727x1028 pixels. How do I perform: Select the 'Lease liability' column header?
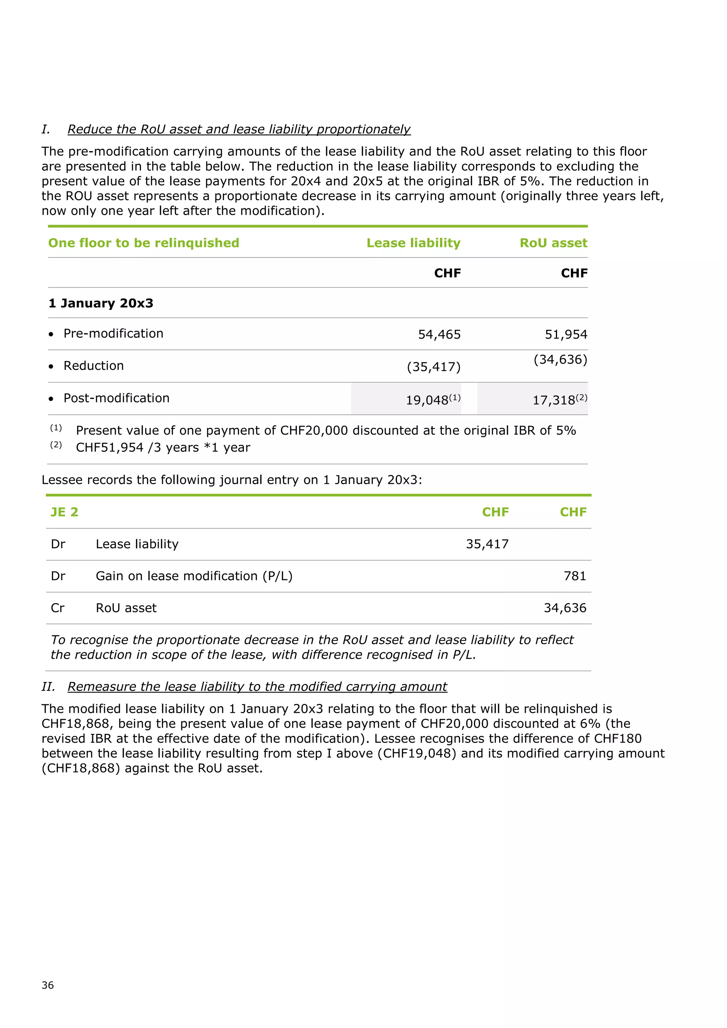tap(413, 243)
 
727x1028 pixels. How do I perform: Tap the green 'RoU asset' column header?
tap(553, 243)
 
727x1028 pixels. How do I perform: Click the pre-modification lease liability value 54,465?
tap(439, 334)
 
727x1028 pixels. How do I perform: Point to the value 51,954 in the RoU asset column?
tap(566, 334)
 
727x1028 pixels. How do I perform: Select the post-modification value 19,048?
tap(427, 400)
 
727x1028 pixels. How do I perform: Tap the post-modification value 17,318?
tap(554, 400)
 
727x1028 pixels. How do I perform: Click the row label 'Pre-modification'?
tap(113, 334)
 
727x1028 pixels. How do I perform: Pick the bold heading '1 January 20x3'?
tap(101, 303)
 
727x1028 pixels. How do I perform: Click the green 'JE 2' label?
tap(65, 512)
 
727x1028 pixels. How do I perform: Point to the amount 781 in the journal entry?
tap(575, 576)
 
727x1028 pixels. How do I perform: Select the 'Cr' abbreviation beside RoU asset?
tap(58, 608)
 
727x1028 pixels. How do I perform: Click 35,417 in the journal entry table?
tap(487, 544)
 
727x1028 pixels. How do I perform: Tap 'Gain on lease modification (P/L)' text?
tap(194, 576)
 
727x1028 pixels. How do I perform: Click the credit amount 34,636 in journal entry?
tap(565, 608)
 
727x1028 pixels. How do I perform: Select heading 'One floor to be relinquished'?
tap(144, 243)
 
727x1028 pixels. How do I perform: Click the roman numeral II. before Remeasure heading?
tap(48, 687)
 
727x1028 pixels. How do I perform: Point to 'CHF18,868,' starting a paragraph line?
tap(76, 723)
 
